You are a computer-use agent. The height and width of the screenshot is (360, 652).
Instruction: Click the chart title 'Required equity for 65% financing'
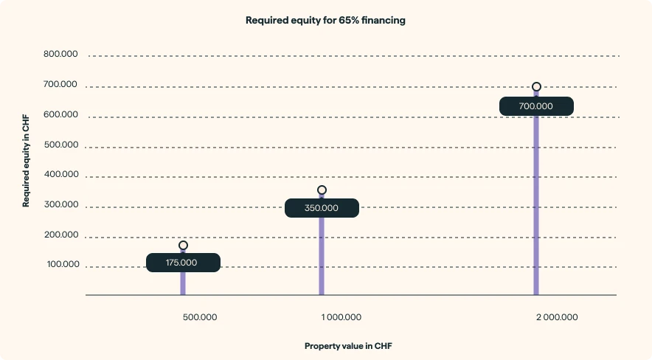pos(325,21)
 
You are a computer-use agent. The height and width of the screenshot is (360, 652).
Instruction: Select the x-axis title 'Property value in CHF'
pos(348,345)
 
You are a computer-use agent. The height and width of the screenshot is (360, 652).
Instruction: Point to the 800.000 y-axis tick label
pos(60,54)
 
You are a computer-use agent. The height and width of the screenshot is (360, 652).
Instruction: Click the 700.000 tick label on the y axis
pos(60,84)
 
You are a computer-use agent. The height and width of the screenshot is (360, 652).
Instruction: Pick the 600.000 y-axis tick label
pos(60,114)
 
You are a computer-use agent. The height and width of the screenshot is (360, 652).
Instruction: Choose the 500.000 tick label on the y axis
pos(60,145)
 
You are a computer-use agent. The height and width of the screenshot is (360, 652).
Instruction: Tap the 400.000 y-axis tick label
pos(60,175)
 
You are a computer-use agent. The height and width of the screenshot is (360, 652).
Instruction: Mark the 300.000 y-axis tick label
pos(60,205)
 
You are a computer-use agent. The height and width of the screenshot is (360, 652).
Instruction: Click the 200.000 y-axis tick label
pos(60,235)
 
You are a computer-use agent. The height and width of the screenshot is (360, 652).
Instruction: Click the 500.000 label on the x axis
pos(200,317)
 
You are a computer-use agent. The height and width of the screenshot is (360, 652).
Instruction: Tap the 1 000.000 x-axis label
pos(341,317)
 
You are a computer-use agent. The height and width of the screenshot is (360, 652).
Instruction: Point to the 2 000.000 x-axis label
pos(557,317)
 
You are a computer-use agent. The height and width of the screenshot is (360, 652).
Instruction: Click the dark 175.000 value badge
pos(183,263)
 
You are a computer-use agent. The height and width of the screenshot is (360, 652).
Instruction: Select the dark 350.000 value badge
pos(322,208)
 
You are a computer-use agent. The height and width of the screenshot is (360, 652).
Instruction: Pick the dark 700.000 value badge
pos(536,106)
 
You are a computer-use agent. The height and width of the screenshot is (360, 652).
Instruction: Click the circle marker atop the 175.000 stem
pos(183,245)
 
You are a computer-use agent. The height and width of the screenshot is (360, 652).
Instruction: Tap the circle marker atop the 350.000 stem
pos(322,190)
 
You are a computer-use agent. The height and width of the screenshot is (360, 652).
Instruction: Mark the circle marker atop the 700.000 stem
pos(536,87)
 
